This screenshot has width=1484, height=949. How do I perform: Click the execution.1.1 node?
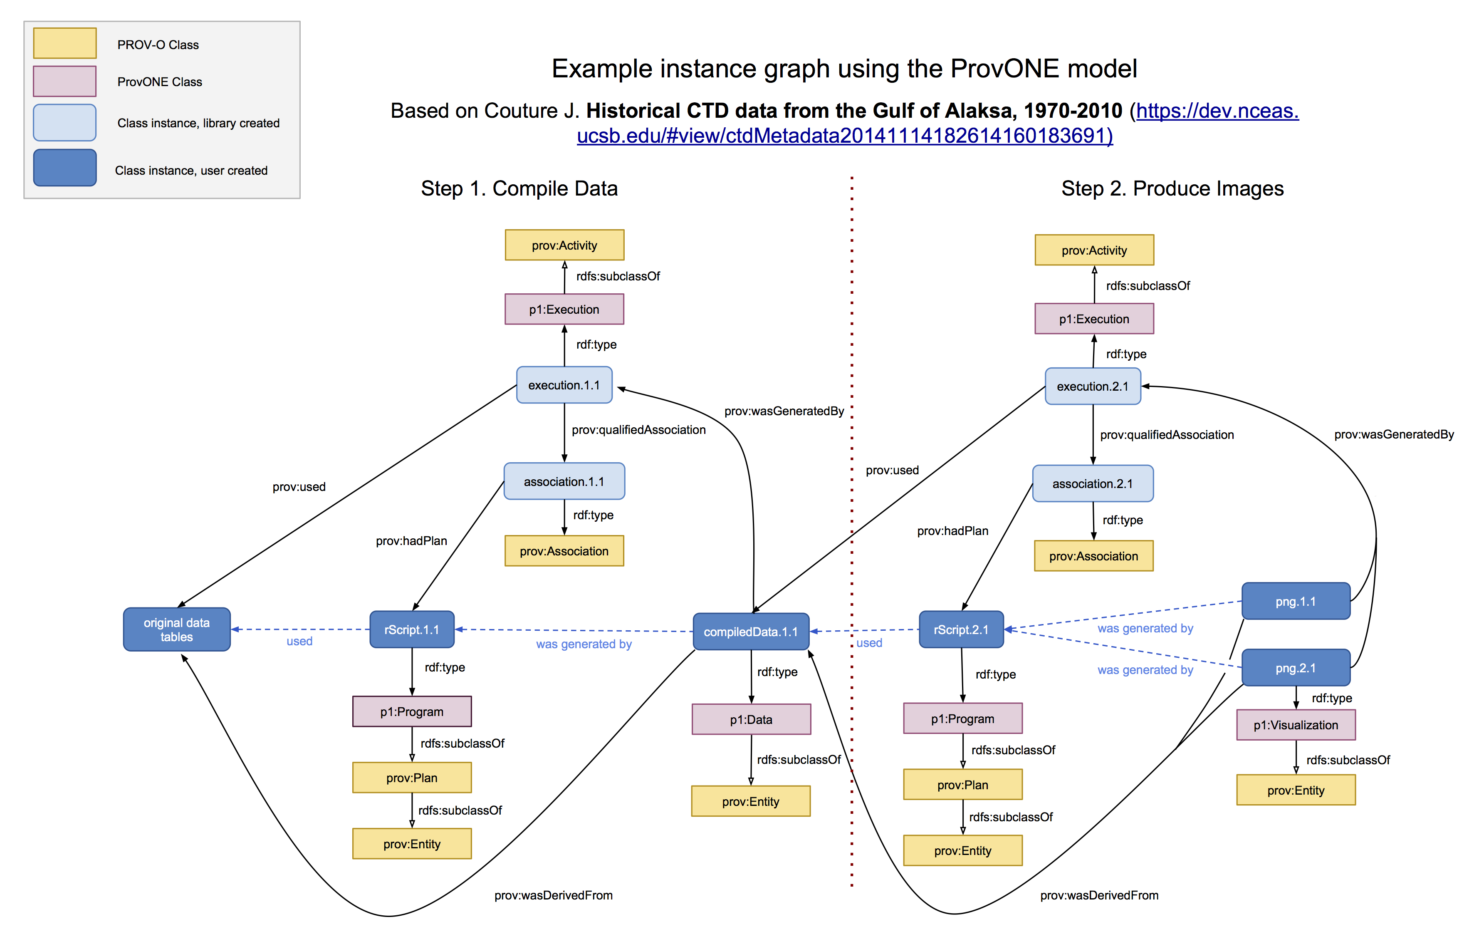click(564, 385)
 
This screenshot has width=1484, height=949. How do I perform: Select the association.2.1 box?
click(1093, 483)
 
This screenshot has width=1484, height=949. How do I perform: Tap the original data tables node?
click(177, 629)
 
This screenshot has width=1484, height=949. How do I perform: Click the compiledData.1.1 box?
click(751, 632)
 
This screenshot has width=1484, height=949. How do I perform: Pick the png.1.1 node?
click(1296, 601)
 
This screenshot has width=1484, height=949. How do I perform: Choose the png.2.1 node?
click(1296, 668)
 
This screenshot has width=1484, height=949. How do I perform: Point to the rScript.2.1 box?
click(961, 629)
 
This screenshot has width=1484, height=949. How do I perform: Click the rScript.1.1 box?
click(412, 629)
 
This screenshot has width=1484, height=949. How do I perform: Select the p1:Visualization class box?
click(1296, 725)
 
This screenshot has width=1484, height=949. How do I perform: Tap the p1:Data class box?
click(751, 720)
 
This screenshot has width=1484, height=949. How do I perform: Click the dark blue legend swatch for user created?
click(65, 168)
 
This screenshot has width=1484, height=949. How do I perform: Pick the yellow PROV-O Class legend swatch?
click(65, 43)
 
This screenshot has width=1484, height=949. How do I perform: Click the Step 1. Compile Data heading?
click(519, 188)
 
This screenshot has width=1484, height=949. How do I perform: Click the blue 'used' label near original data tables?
click(299, 641)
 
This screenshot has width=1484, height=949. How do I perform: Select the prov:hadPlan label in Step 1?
click(412, 541)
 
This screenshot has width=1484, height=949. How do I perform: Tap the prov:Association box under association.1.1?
click(564, 551)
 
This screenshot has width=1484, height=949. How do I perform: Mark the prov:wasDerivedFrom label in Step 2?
click(1099, 895)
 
